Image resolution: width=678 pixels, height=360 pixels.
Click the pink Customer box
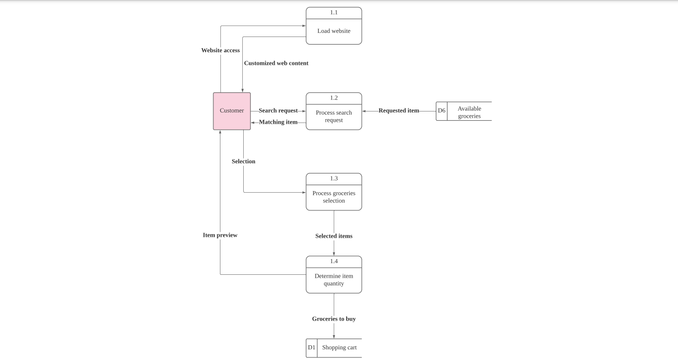click(232, 111)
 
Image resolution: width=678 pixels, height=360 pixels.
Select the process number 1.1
click(333, 13)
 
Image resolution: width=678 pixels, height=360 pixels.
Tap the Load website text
click(333, 31)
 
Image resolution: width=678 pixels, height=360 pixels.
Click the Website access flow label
click(220, 50)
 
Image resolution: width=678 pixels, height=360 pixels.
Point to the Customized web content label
click(276, 63)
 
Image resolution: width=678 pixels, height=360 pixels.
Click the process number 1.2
click(333, 98)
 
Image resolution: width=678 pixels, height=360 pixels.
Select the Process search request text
click(333, 116)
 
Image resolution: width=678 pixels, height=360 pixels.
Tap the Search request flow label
click(278, 111)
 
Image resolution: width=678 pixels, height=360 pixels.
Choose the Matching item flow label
click(278, 122)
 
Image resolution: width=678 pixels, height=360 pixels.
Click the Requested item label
click(399, 111)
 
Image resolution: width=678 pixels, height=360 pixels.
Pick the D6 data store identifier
click(441, 111)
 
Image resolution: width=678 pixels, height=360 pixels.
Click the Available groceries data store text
click(469, 112)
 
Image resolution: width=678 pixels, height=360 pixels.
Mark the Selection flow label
click(243, 161)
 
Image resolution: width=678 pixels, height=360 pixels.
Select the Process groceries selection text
click(333, 197)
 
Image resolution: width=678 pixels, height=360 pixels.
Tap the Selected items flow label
click(333, 236)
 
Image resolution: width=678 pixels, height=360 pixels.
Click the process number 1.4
click(333, 261)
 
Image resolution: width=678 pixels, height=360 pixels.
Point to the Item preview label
click(220, 235)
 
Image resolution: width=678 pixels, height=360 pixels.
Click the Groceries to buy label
click(333, 319)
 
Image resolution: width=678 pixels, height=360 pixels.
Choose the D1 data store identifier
click(311, 348)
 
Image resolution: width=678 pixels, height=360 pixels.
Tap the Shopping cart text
click(339, 348)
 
